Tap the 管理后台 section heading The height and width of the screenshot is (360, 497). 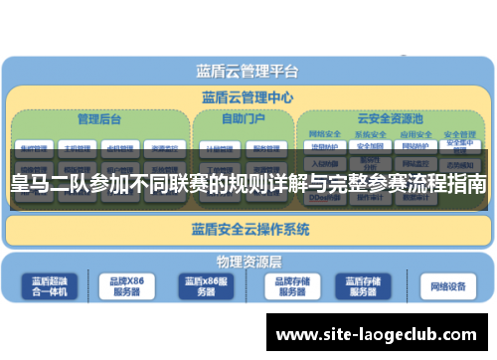pyautogui.click(x=99, y=118)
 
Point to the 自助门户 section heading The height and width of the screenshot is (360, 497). pyautogui.click(x=243, y=118)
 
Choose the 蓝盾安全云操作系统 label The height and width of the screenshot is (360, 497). pyautogui.click(x=249, y=229)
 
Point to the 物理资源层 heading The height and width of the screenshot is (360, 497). pyautogui.click(x=249, y=262)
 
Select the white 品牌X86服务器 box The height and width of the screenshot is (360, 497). pyautogui.click(x=125, y=286)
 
